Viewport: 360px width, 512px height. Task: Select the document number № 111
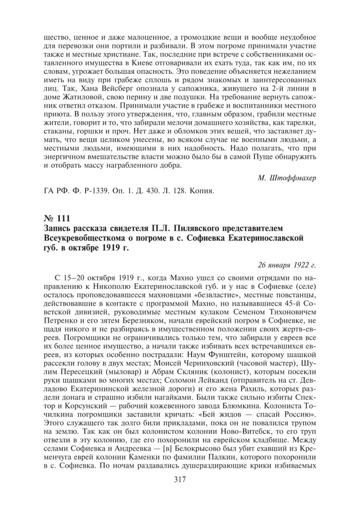(x=57, y=218)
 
